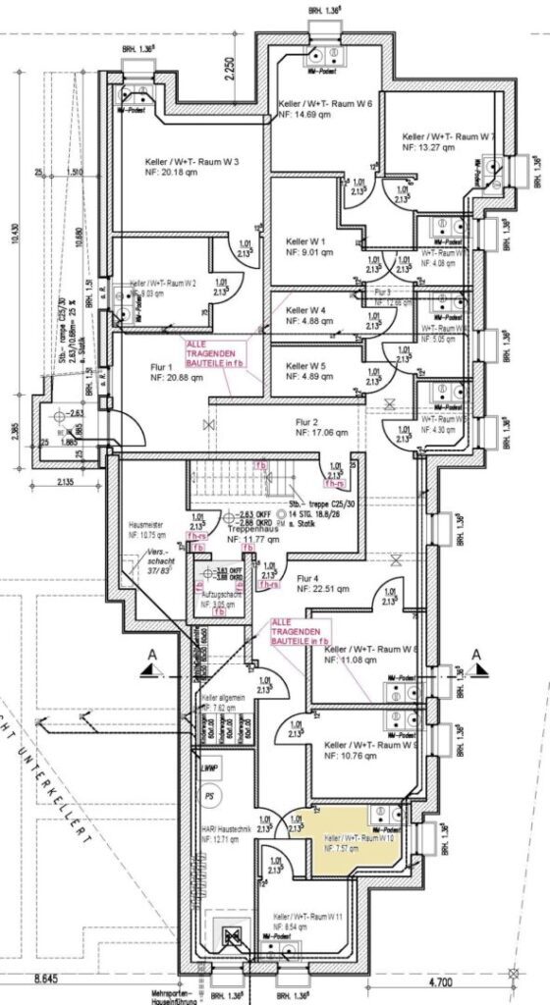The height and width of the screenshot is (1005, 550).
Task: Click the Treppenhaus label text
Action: point(253,529)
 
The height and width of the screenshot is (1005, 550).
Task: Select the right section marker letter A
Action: point(475,656)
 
